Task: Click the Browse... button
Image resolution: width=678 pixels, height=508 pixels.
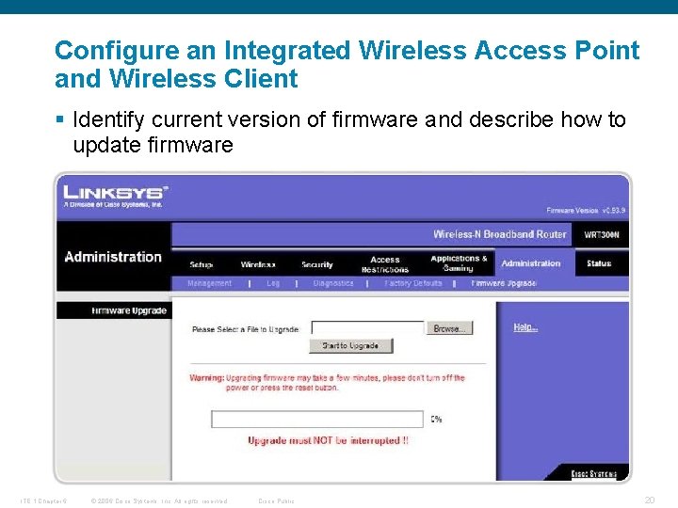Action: coord(449,328)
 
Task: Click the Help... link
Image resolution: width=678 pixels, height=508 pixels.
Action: coord(525,327)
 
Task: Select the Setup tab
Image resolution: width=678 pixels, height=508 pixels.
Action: coord(201,264)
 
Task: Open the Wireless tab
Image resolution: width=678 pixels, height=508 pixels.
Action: coord(258,264)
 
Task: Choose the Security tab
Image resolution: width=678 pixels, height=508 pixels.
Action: coord(317,264)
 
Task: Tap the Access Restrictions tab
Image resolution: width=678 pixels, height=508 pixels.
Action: coord(385,263)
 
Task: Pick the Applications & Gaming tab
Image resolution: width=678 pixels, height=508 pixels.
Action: coord(459,262)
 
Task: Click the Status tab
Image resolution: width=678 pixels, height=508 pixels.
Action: coord(599,263)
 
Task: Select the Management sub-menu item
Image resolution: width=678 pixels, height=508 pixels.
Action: coord(209,282)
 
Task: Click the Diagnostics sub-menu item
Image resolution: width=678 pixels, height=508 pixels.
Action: coord(333,282)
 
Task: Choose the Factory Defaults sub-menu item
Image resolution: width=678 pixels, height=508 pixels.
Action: coord(413,282)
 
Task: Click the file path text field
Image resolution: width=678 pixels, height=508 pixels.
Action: coord(367,328)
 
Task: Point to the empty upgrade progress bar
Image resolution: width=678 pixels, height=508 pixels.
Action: coord(317,419)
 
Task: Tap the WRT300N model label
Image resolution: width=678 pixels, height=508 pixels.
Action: coord(601,234)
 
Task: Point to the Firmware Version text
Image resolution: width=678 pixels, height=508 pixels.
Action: coord(586,210)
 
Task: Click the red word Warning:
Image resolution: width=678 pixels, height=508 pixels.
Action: coord(207,378)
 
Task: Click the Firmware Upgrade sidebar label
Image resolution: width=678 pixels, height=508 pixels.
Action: coord(129,310)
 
